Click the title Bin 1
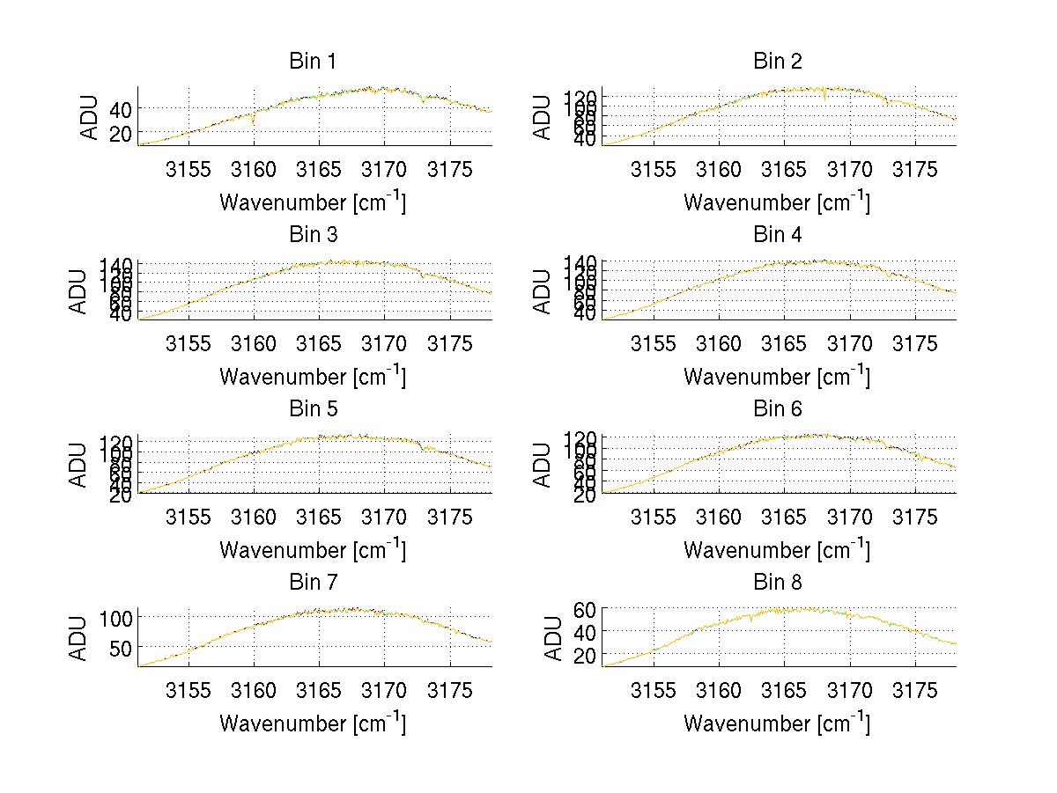pyautogui.click(x=313, y=62)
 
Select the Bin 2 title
pyautogui.click(x=778, y=62)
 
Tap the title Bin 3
pyautogui.click(x=313, y=235)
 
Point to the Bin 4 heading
pyautogui.click(x=778, y=235)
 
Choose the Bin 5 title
pyautogui.click(x=313, y=409)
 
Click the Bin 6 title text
pyautogui.click(x=778, y=409)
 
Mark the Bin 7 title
pyautogui.click(x=313, y=583)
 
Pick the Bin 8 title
pyautogui.click(x=778, y=583)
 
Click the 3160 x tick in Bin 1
pyautogui.click(x=254, y=170)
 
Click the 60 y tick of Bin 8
pyautogui.click(x=583, y=609)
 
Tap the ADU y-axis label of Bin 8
pyautogui.click(x=553, y=638)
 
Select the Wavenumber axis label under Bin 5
pyautogui.click(x=313, y=550)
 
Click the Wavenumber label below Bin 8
pyautogui.click(x=778, y=723)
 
